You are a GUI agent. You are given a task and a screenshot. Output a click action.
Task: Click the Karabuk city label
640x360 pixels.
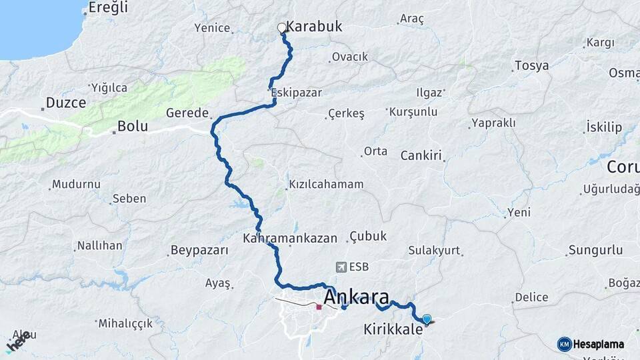314,27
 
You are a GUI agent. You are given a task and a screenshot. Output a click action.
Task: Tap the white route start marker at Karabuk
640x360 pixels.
281,28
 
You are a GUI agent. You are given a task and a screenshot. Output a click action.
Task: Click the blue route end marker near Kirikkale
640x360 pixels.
427,319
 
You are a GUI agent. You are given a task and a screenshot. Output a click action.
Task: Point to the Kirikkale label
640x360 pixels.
393,329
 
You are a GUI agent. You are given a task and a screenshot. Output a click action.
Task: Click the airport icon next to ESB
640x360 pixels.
342,267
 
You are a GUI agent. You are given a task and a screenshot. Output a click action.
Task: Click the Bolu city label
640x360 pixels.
132,126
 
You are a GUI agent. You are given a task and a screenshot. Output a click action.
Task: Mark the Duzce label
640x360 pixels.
66,103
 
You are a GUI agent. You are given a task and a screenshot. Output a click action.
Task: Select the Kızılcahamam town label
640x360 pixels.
326,185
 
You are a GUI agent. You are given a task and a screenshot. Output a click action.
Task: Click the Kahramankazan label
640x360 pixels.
291,237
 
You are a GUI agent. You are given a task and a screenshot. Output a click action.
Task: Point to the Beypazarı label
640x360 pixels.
199,251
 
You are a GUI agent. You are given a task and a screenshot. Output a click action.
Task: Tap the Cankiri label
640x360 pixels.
421,156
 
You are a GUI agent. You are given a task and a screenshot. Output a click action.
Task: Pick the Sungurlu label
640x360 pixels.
595,251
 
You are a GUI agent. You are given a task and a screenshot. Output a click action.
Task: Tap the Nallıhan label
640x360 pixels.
100,245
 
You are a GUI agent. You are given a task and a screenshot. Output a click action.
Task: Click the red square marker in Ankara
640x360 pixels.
319,307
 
